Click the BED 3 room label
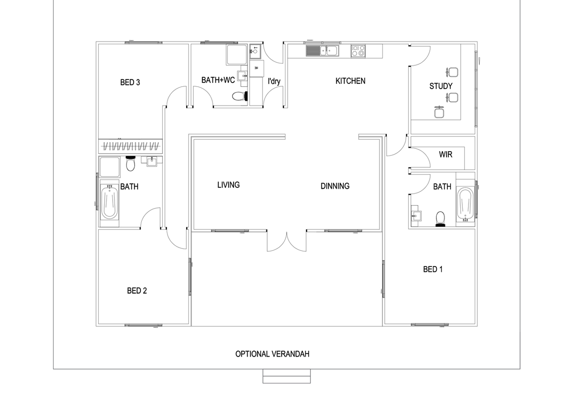pyautogui.click(x=130, y=83)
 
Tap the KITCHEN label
pyautogui.click(x=350, y=81)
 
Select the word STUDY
pyautogui.click(x=441, y=86)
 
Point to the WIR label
pyautogui.click(x=446, y=155)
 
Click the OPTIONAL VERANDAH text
pyautogui.click(x=273, y=354)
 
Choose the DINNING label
pyautogui.click(x=335, y=186)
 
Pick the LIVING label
pyautogui.click(x=228, y=185)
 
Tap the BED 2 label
pyautogui.click(x=137, y=291)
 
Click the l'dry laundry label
pyautogui.click(x=274, y=82)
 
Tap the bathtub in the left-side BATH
pyautogui.click(x=109, y=203)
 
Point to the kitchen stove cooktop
pyautogui.click(x=358, y=51)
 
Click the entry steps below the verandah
pyautogui.click(x=286, y=376)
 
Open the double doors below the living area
pyautogui.click(x=286, y=241)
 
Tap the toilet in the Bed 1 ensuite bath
pyautogui.click(x=440, y=218)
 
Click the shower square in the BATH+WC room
pyautogui.click(x=237, y=55)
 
